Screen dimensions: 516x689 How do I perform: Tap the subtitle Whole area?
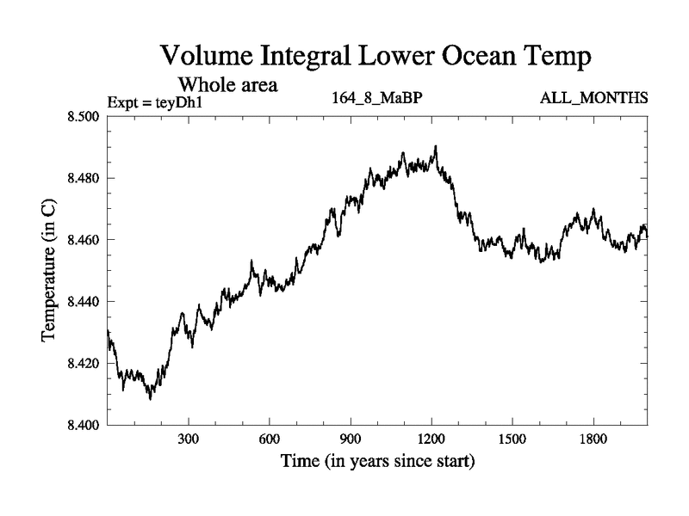[x=227, y=85]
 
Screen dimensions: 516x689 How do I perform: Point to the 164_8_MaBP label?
[x=376, y=97]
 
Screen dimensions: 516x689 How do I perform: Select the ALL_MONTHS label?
[x=593, y=97]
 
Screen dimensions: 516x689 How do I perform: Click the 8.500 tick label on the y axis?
[x=85, y=116]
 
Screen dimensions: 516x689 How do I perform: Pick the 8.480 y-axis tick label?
[x=85, y=178]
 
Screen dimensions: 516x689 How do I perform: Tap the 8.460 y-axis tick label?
[x=85, y=240]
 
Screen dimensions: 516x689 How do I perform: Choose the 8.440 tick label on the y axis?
[x=85, y=302]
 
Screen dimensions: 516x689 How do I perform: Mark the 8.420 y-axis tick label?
[x=85, y=364]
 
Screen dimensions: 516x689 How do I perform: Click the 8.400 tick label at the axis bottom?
[x=85, y=425]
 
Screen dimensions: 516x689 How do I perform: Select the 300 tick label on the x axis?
[x=189, y=439]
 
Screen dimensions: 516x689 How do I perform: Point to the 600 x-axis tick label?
[x=270, y=439]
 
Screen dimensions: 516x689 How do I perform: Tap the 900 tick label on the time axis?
[x=351, y=439]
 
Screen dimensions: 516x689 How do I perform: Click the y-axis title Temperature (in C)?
[x=50, y=271]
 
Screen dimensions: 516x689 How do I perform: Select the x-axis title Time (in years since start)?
[x=377, y=462]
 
